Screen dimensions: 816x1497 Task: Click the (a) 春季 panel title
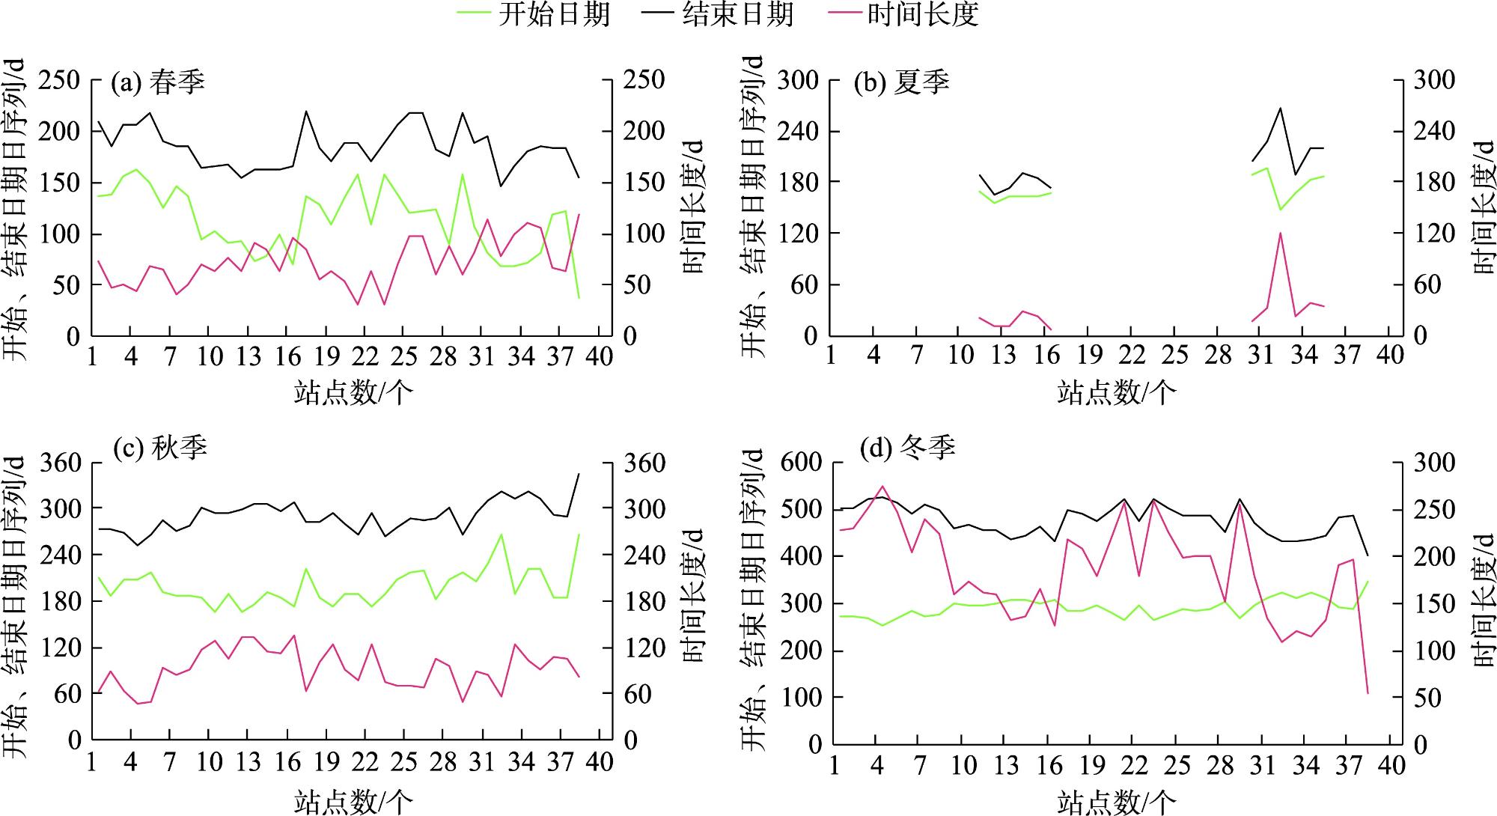[x=158, y=82]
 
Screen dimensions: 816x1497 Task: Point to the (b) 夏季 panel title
[x=902, y=82]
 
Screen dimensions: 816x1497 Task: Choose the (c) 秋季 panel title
[x=159, y=448]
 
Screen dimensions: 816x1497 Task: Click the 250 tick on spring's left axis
[x=59, y=80]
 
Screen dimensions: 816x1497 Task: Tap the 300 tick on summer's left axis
[x=798, y=80]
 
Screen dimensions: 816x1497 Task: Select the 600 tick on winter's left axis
[x=802, y=463]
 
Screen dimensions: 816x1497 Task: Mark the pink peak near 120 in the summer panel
[x=1281, y=233]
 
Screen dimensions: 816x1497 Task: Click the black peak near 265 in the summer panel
[x=1281, y=109]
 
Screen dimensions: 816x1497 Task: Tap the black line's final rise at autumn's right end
[x=579, y=474]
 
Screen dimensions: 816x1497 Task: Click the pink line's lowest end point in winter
[x=1368, y=693]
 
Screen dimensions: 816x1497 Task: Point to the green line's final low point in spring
[x=579, y=298]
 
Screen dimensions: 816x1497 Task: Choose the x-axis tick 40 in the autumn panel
[x=600, y=761]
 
